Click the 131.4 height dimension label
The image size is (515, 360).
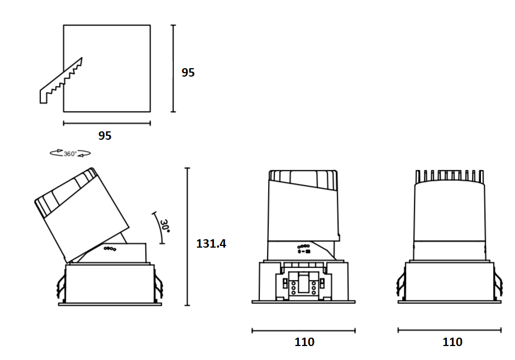point(211,244)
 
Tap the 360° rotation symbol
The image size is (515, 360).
point(70,153)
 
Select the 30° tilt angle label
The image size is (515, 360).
point(165,226)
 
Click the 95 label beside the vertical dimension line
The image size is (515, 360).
point(188,72)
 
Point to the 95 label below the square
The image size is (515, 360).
point(105,135)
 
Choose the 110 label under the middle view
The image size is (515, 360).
point(304,342)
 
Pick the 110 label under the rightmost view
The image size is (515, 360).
point(452,342)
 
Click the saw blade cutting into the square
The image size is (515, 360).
point(61,82)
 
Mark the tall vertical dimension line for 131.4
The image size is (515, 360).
point(187,236)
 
